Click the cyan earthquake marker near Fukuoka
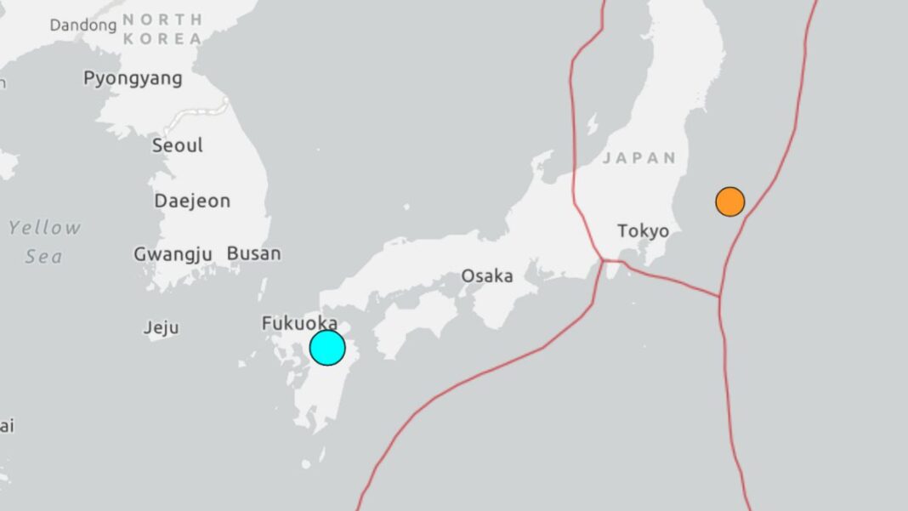pyautogui.click(x=327, y=348)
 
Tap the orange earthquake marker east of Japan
pyautogui.click(x=729, y=202)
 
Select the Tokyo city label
pyautogui.click(x=643, y=230)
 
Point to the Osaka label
pyautogui.click(x=487, y=275)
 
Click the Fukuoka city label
pyautogui.click(x=299, y=323)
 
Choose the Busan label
pyautogui.click(x=253, y=253)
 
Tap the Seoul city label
pyautogui.click(x=178, y=145)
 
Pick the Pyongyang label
pyautogui.click(x=133, y=78)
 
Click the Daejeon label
pyautogui.click(x=192, y=202)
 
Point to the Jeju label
pyautogui.click(x=162, y=327)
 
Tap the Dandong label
pyautogui.click(x=82, y=26)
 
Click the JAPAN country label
pyautogui.click(x=639, y=157)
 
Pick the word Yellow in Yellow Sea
pyautogui.click(x=45, y=228)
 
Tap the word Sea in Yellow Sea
pyautogui.click(x=43, y=256)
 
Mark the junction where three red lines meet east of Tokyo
pyautogui.click(x=720, y=297)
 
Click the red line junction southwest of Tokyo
pyautogui.click(x=604, y=260)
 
